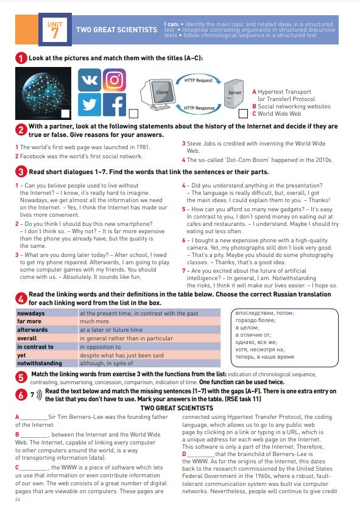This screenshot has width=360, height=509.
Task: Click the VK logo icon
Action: point(90,80)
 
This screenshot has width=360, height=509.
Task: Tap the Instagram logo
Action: point(115,80)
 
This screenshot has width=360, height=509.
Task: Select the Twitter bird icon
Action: point(90,105)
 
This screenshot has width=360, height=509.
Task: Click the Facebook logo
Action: point(115,105)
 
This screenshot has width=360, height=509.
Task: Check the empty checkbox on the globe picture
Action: point(66,114)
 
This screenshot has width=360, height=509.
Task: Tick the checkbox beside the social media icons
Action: point(133,114)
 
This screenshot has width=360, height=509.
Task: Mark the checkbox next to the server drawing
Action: point(243,114)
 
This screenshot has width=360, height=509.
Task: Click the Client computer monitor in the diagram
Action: point(158,94)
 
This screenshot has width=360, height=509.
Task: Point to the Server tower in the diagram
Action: point(234,94)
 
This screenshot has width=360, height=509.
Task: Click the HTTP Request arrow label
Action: point(198,80)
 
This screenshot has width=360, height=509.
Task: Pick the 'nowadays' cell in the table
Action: point(46,314)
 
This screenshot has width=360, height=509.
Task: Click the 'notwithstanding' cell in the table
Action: point(46,363)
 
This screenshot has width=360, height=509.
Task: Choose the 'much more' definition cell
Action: point(149,321)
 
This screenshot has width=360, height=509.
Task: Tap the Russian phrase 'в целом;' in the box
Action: point(247,328)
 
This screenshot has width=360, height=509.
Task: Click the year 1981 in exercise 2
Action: point(143,147)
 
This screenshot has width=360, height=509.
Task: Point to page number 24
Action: point(18,500)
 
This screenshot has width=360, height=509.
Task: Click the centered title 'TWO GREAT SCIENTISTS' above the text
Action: point(177,408)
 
